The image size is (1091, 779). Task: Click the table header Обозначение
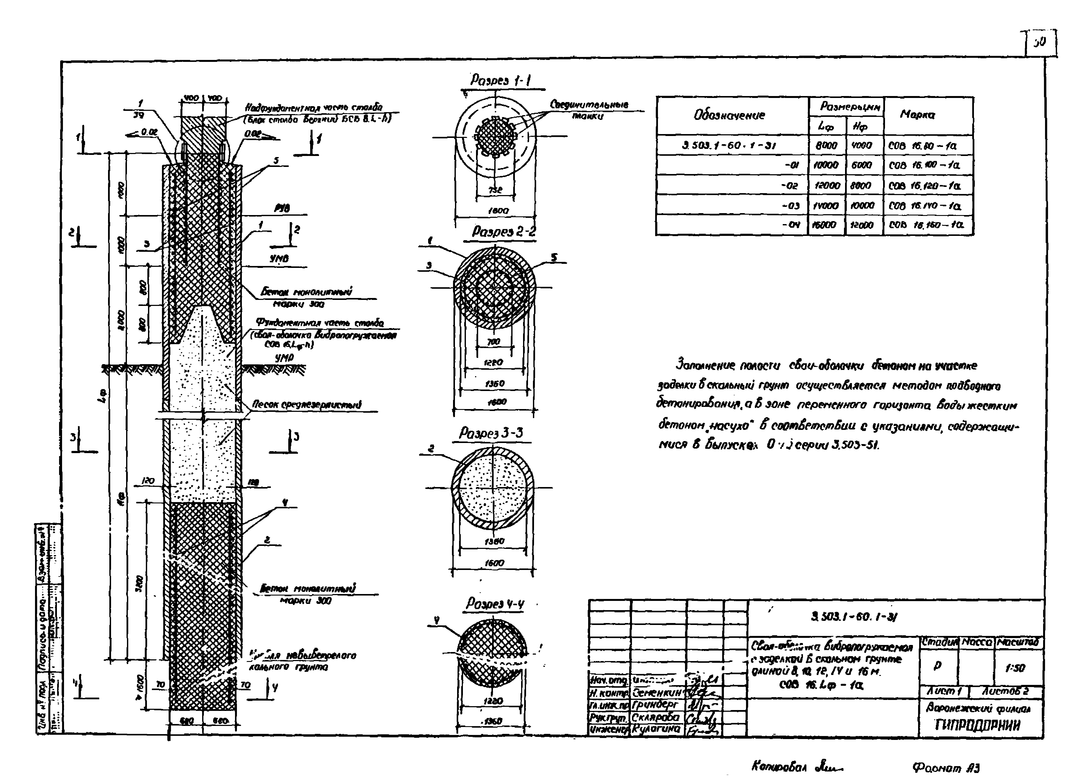729,115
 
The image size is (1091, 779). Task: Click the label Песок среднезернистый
307,405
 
